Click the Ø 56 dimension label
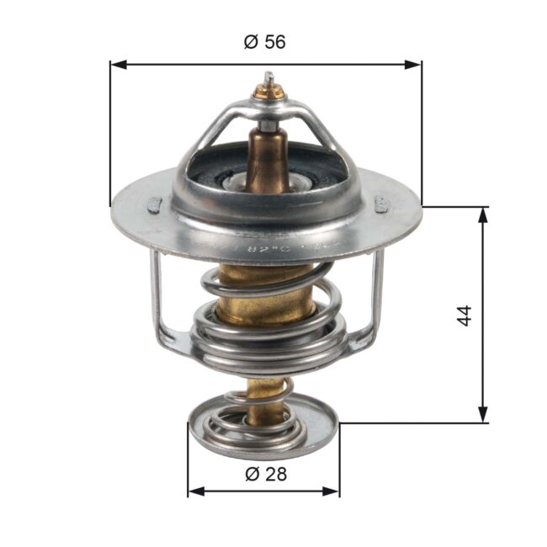tap(265, 43)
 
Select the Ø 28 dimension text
tap(265, 474)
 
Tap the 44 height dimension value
tap(465, 315)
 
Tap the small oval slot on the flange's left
tap(154, 202)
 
